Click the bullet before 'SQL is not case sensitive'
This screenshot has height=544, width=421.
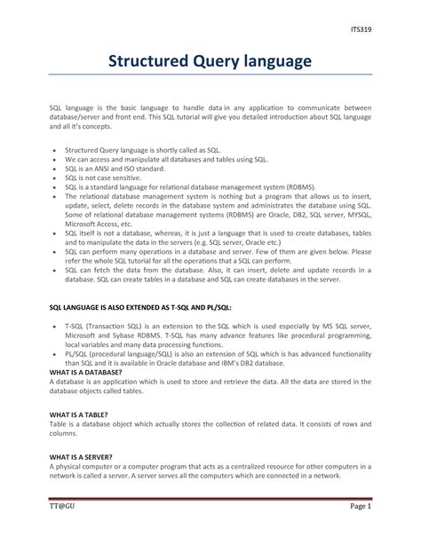tap(55, 178)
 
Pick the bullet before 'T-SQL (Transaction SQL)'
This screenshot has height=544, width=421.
tap(55, 327)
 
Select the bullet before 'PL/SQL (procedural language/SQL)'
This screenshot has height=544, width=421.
tap(55, 352)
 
